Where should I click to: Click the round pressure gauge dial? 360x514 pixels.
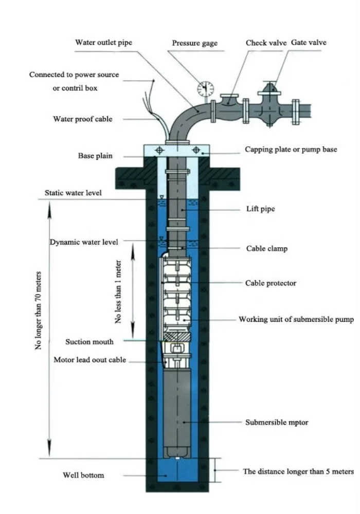pyautogui.click(x=205, y=89)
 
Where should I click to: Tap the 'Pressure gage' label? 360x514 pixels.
pyautogui.click(x=195, y=43)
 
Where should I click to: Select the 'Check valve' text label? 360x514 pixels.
pyautogui.click(x=266, y=43)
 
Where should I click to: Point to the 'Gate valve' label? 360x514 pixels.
pyautogui.click(x=309, y=42)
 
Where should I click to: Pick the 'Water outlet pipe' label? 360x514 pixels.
pyautogui.click(x=103, y=42)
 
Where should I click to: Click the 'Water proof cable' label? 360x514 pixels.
pyautogui.click(x=83, y=119)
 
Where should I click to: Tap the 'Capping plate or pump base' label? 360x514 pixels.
pyautogui.click(x=291, y=150)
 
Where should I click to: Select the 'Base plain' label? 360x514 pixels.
pyautogui.click(x=95, y=156)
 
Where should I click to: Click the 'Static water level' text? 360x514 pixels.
pyautogui.click(x=73, y=193)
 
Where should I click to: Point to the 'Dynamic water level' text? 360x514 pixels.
pyautogui.click(x=84, y=242)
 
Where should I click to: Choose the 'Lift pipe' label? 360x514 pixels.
pyautogui.click(x=261, y=209)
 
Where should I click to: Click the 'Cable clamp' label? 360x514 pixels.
pyautogui.click(x=267, y=248)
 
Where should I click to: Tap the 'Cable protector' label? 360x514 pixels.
pyautogui.click(x=271, y=283)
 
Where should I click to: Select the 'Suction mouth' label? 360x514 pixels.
pyautogui.click(x=89, y=342)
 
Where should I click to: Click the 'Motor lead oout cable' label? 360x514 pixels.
pyautogui.click(x=90, y=360)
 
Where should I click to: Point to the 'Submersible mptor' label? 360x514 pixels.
pyautogui.click(x=277, y=422)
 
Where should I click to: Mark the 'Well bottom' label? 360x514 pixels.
pyautogui.click(x=83, y=475)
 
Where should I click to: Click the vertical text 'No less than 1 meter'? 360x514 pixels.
pyautogui.click(x=118, y=292)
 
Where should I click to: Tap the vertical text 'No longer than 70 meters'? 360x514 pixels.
pyautogui.click(x=39, y=311)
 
